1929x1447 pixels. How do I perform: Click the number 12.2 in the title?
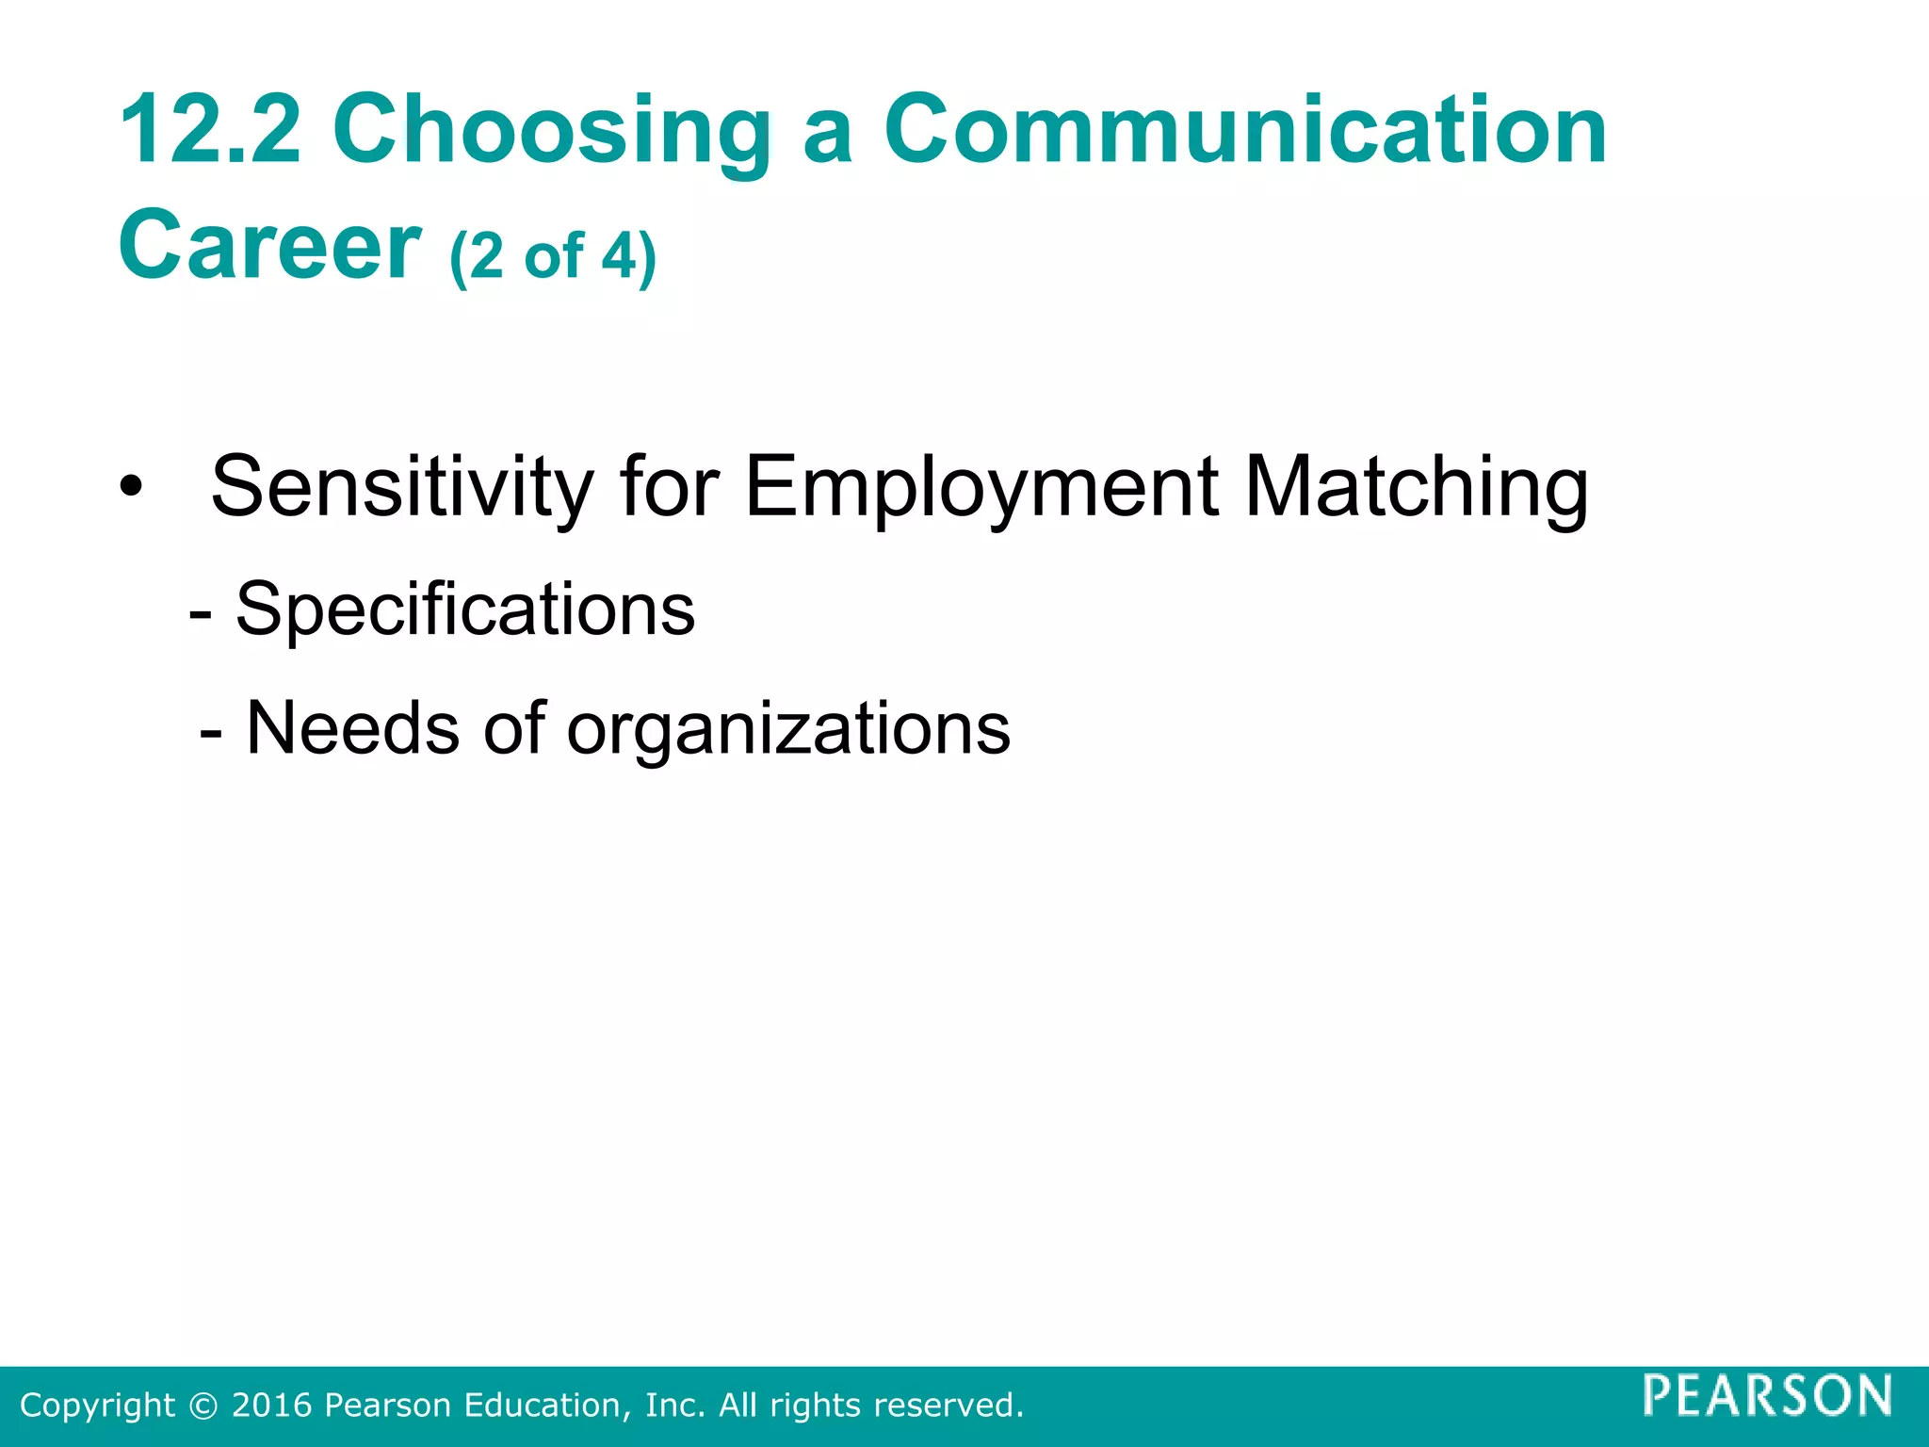209,130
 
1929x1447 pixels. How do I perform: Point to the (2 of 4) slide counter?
552,256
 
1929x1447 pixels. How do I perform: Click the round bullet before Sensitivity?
131,488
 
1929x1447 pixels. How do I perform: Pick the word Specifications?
464,610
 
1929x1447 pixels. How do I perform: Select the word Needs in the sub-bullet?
352,728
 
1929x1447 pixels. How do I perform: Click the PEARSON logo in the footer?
1767,1395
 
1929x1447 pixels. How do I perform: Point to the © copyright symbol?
203,1406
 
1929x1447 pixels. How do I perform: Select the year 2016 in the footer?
271,1406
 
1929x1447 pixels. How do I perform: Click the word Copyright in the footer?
97,1406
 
